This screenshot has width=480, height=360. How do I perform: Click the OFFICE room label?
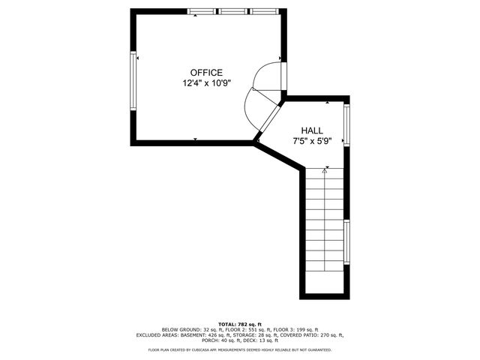[x=206, y=73]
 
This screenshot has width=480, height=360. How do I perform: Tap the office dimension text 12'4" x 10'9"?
[x=206, y=84]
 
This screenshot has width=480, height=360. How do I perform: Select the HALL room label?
[x=312, y=130]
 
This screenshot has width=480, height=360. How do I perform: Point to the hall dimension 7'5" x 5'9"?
[x=312, y=140]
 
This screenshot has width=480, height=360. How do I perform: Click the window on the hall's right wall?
[x=346, y=125]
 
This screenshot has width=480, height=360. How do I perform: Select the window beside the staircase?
[x=346, y=241]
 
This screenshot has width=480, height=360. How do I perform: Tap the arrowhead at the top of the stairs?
[x=325, y=171]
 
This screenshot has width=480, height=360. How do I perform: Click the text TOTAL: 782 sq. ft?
[x=240, y=323]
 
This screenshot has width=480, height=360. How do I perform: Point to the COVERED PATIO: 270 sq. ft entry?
[x=315, y=335]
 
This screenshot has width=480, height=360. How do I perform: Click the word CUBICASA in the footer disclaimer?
[x=211, y=349]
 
